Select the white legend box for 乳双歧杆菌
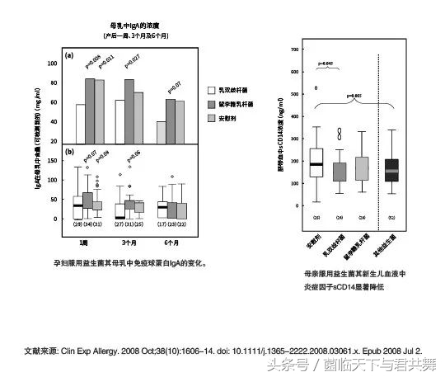pos(211,90)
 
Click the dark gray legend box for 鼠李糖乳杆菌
pos(211,105)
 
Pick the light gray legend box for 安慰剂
pos(211,120)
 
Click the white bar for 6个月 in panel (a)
pos(162,132)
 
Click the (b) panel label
pos(70,152)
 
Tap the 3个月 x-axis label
pos(129,242)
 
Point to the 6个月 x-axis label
pos(172,242)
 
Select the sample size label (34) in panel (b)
pos(87,224)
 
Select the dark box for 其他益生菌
pos(391,170)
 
